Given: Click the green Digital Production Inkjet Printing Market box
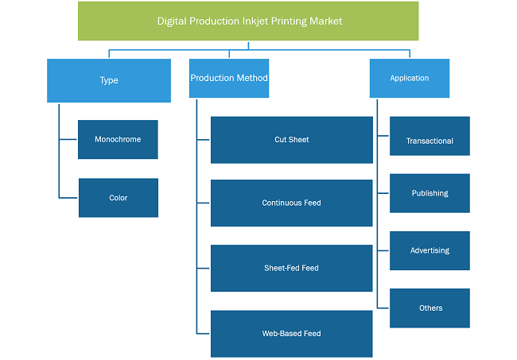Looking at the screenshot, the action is click(248, 21).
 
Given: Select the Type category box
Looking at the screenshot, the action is click(109, 80).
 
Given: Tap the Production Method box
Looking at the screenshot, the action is click(229, 78).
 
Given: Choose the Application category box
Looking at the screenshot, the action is click(410, 78).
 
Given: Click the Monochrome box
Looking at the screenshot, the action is click(118, 139).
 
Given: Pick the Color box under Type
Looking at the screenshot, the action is click(119, 198).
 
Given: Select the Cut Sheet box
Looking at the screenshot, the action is click(292, 140).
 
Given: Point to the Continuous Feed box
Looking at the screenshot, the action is click(292, 203).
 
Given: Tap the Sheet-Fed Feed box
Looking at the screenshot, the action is click(292, 268).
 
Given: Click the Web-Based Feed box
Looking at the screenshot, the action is click(292, 334).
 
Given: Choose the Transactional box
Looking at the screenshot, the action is click(430, 136).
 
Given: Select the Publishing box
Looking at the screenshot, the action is click(430, 193).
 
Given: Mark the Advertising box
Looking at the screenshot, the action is click(430, 250).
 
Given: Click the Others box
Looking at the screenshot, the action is click(430, 308).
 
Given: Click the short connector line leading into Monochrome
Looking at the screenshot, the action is click(68, 139).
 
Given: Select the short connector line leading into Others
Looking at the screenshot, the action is click(383, 308).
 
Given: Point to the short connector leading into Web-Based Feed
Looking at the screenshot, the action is click(203, 334).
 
